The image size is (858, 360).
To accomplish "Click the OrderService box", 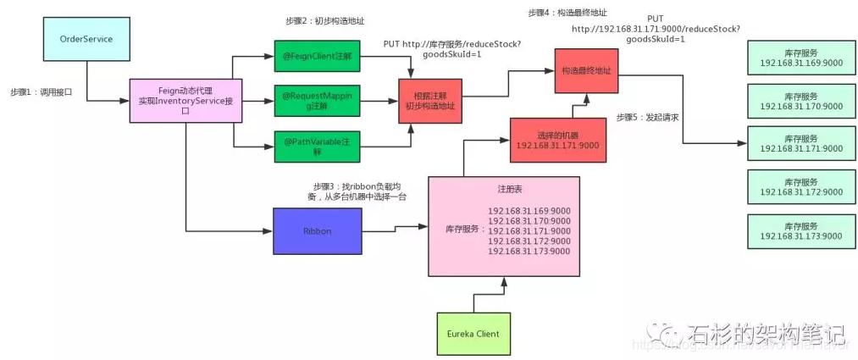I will click(86, 39).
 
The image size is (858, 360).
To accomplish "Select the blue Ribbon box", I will click(318, 231).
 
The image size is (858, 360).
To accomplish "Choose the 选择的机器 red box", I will click(557, 141).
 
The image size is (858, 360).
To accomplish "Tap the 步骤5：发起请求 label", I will click(648, 116).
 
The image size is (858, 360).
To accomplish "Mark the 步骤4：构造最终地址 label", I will click(567, 13).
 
